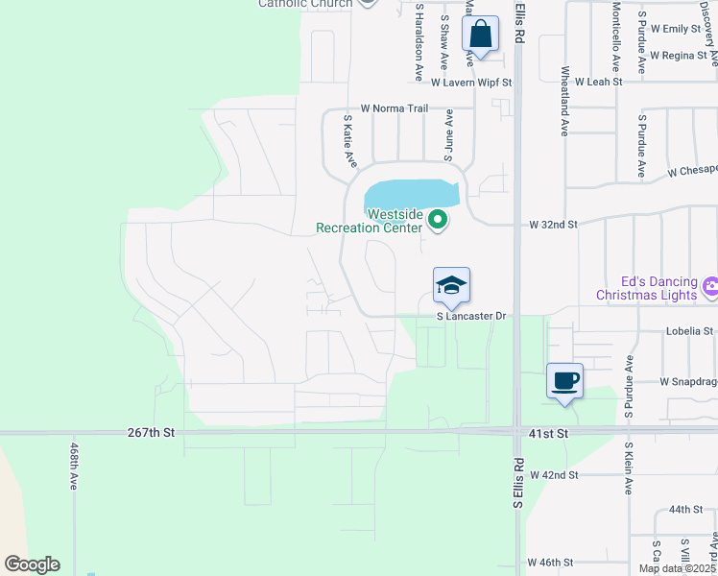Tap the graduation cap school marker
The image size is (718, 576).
pyautogui.click(x=451, y=286)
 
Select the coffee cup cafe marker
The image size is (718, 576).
pyautogui.click(x=564, y=381)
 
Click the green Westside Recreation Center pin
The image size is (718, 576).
pyautogui.click(x=438, y=221)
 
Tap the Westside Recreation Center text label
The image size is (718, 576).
pyautogui.click(x=370, y=221)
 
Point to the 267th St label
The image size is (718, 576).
pyautogui.click(x=151, y=433)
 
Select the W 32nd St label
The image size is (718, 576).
pyautogui.click(x=553, y=225)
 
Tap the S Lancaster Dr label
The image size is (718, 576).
pyautogui.click(x=470, y=316)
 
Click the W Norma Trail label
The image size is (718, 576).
pyautogui.click(x=394, y=108)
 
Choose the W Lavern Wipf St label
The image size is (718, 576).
pyautogui.click(x=470, y=83)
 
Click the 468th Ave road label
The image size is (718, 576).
pyautogui.click(x=74, y=467)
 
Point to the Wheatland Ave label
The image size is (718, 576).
pyautogui.click(x=565, y=101)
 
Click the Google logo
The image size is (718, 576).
pyautogui.click(x=32, y=564)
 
